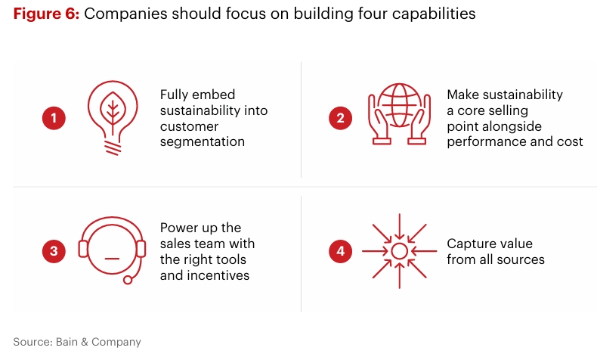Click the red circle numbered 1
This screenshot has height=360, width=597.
pos(54,118)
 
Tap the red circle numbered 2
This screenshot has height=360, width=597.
pos(341,118)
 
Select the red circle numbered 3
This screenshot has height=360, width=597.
pos(54,253)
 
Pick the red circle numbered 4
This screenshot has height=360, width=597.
pos(341,253)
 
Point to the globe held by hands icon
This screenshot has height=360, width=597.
pos(399,117)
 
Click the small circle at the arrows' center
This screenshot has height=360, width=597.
pos(399,251)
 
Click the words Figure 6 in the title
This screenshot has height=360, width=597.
pos(46,14)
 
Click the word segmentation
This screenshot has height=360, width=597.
pos(203,142)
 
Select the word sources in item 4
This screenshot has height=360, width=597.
pos(521,259)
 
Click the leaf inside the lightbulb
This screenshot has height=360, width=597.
pos(113,110)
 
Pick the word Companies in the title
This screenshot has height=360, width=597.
pos(122,14)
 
